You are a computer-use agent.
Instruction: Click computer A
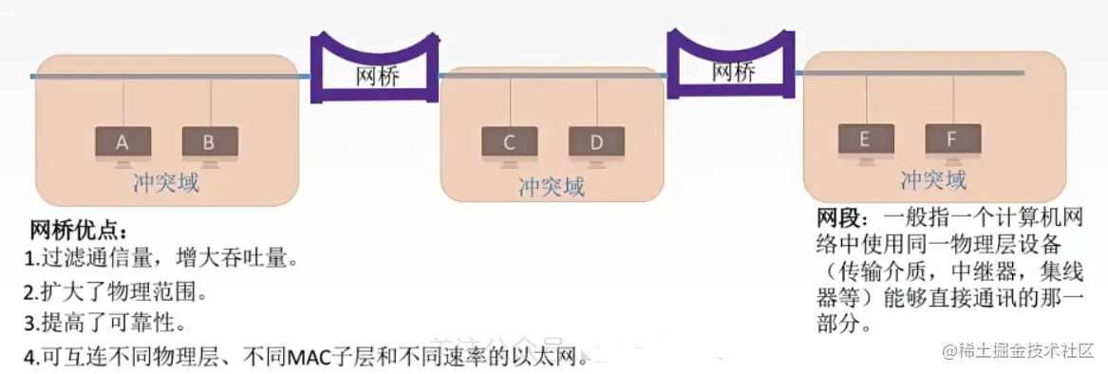(x=122, y=143)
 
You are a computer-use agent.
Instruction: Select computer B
(x=210, y=143)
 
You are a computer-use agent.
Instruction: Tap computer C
(x=509, y=143)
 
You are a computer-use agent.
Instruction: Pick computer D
(x=596, y=143)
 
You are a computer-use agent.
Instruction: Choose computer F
(x=952, y=140)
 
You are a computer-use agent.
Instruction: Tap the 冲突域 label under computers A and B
(x=166, y=182)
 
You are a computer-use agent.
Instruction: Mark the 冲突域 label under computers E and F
(x=934, y=179)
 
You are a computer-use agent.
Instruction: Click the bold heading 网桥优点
(x=77, y=232)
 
